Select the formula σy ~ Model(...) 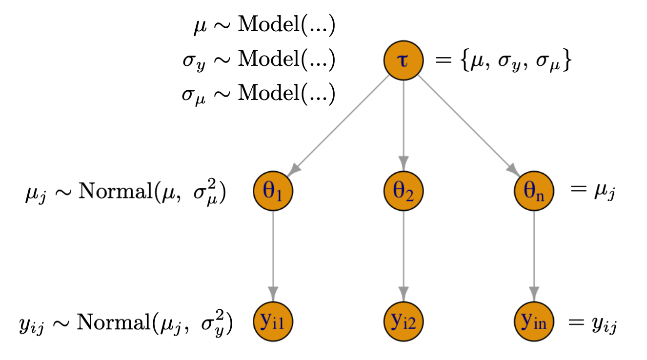pyautogui.click(x=259, y=60)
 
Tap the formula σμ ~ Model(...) pyautogui.click(x=259, y=94)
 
